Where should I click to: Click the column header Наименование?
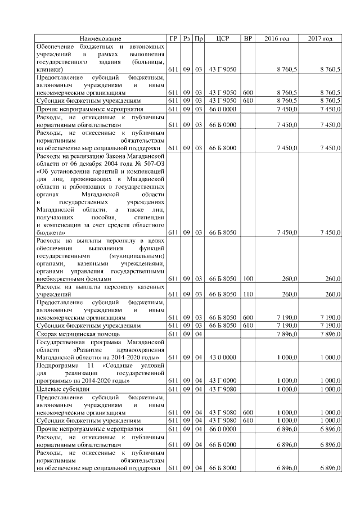click(x=100, y=38)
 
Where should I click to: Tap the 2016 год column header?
click(x=277, y=38)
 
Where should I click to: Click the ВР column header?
click(x=247, y=38)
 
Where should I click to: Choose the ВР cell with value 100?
click(x=247, y=278)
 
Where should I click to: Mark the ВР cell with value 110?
click(x=247, y=294)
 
